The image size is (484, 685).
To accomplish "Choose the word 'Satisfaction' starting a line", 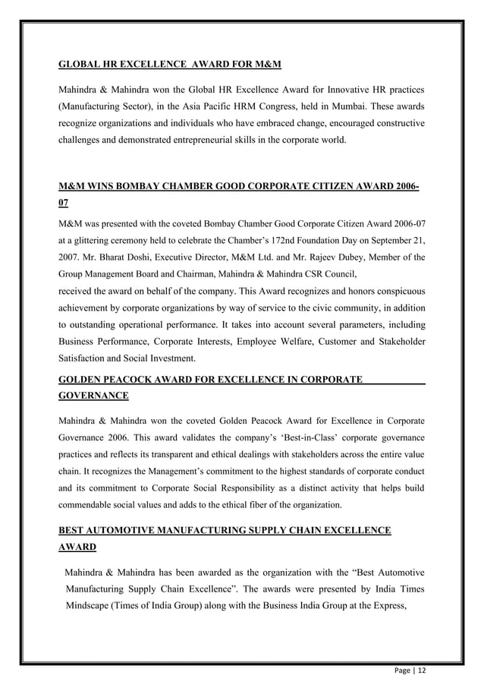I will click(83, 358).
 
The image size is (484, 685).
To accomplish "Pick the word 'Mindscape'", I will click(90, 606).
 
